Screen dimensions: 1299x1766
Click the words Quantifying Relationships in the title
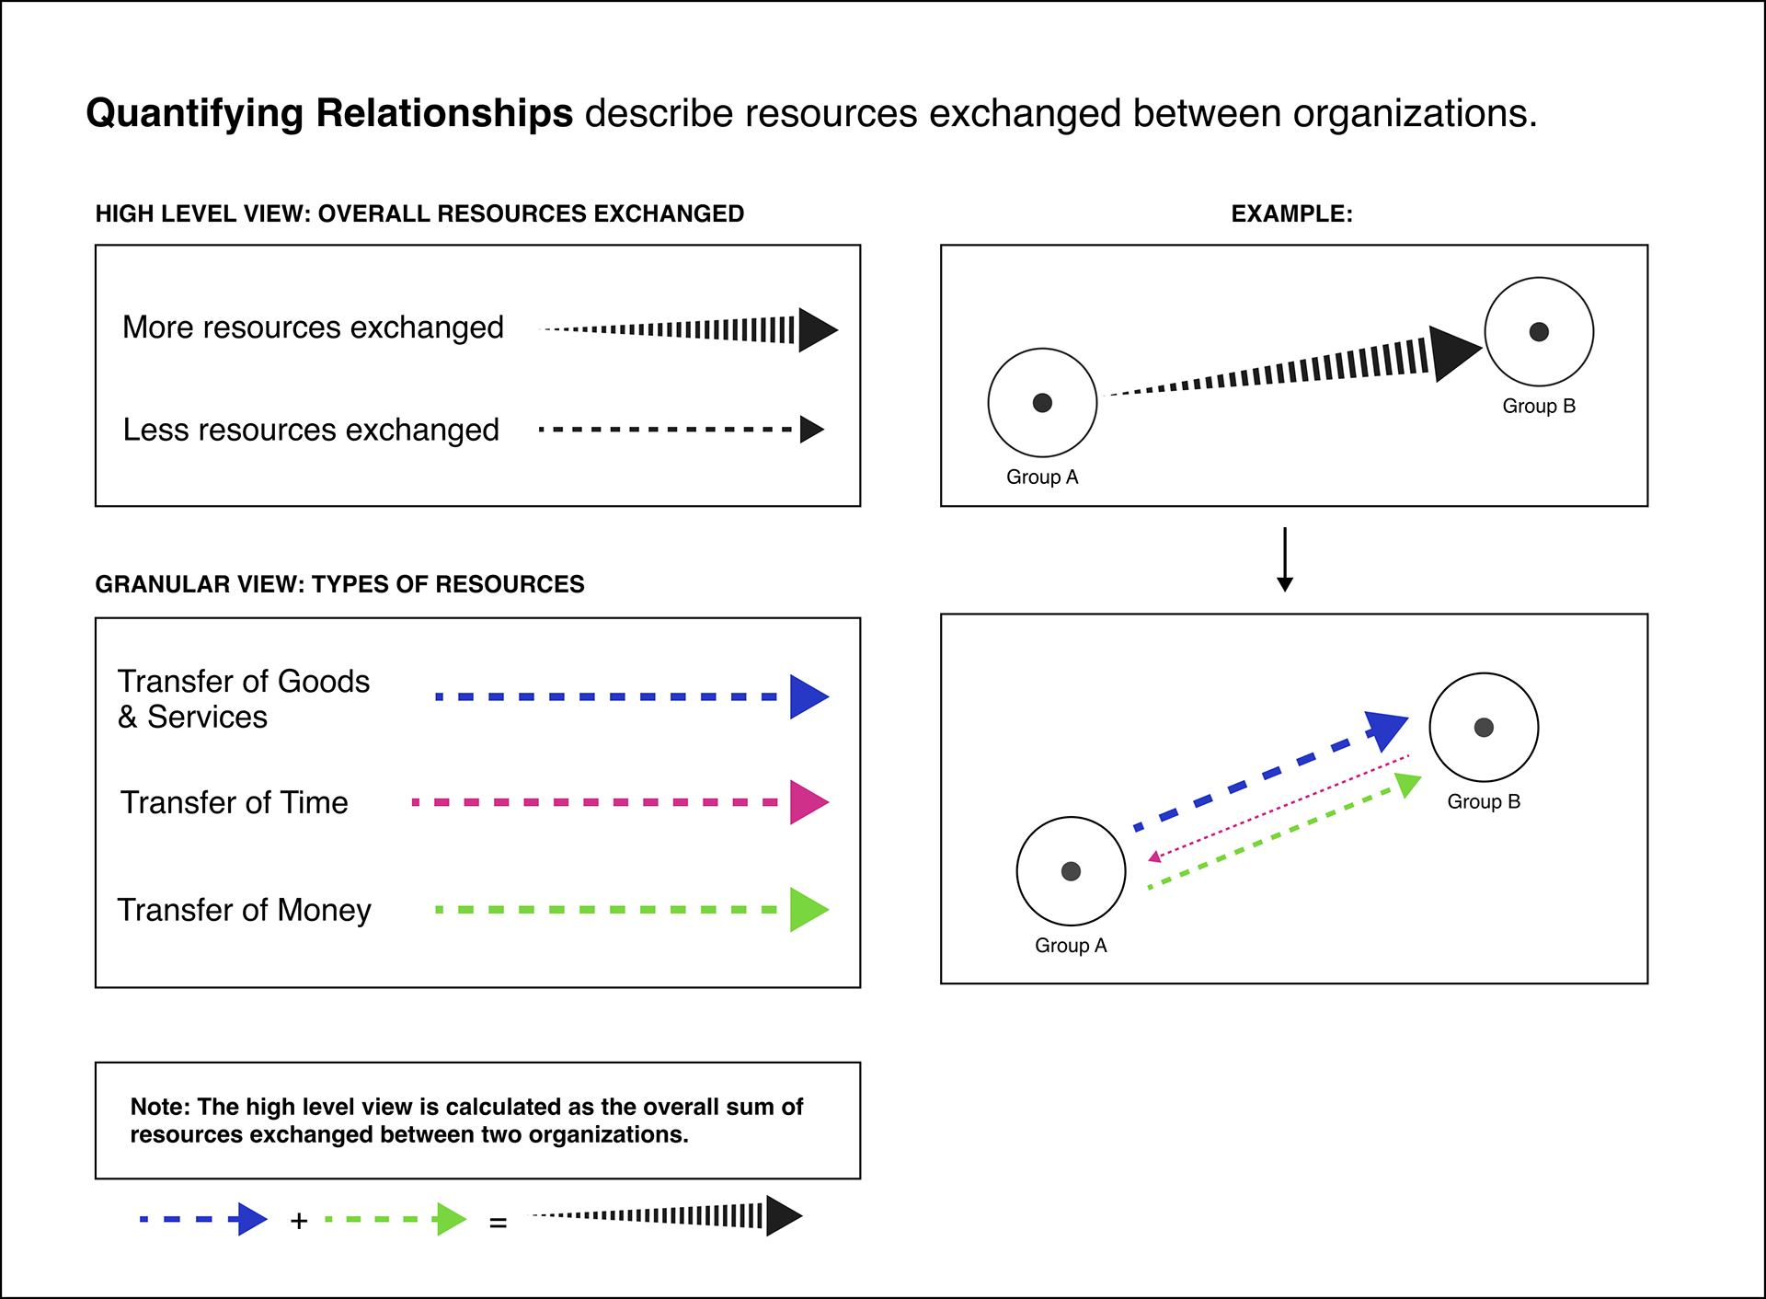[329, 113]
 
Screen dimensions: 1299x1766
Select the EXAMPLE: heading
[1291, 213]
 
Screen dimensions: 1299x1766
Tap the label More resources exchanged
[313, 328]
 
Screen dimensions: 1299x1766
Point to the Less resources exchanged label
[311, 430]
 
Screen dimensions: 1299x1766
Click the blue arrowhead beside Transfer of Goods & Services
[807, 696]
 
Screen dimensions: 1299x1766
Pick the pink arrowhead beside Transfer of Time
[807, 802]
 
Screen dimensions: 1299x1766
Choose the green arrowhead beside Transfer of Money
[807, 910]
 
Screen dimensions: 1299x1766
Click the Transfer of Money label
[244, 910]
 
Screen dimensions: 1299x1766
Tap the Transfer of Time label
[234, 802]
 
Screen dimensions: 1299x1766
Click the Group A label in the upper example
[1041, 477]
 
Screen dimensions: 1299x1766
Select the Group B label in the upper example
[1538, 406]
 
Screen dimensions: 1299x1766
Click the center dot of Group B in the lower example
[1483, 728]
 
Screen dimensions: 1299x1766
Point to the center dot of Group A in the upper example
[1042, 403]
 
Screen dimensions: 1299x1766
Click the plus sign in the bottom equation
[298, 1221]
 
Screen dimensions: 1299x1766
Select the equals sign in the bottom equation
[498, 1223]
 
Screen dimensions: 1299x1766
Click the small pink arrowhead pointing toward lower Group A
[1154, 857]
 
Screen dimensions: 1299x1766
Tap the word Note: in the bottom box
[161, 1107]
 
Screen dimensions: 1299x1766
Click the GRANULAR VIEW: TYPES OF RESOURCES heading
[339, 584]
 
